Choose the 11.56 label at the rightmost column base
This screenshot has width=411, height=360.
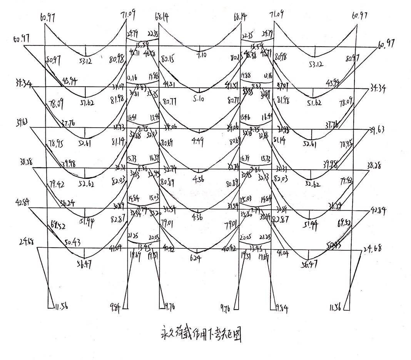point(336,308)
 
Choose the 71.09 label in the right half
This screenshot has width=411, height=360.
point(276,15)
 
